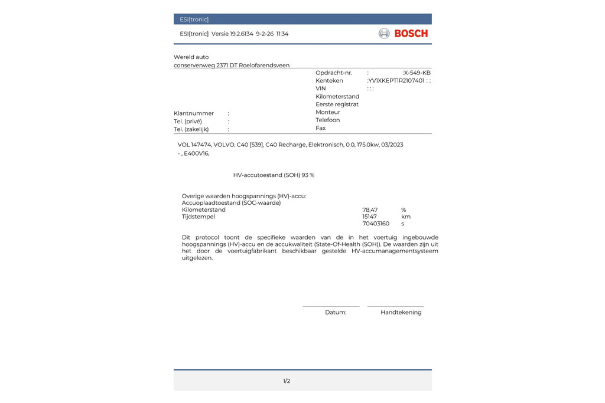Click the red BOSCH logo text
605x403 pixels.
tap(411, 34)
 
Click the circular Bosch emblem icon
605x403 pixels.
tap(384, 34)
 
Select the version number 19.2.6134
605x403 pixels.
tap(242, 34)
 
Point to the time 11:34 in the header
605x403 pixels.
tap(282, 34)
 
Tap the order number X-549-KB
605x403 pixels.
tap(417, 73)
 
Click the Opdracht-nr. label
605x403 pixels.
tap(334, 73)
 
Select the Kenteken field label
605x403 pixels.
tap(329, 81)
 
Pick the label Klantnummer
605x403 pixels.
tap(194, 113)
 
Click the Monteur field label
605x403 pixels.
tap(328, 112)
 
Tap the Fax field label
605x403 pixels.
tap(321, 128)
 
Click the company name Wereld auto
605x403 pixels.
tap(191, 57)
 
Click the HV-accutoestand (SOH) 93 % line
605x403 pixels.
tap(274, 175)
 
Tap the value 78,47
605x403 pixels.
tap(370, 210)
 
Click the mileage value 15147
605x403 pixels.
tap(369, 217)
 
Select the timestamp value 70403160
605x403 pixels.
tap(376, 224)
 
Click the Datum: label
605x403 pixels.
tap(336, 313)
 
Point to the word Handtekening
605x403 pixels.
tap(401, 313)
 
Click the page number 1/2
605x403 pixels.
tap(287, 381)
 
